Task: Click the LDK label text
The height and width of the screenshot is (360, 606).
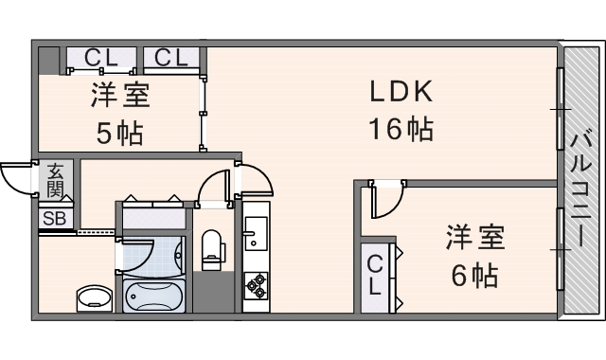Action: point(401,92)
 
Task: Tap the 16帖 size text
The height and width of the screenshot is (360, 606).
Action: point(401,129)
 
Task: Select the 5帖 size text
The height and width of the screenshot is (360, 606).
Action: point(119,134)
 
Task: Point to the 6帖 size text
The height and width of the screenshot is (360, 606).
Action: point(473,277)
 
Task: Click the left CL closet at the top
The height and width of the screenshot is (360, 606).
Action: point(101,59)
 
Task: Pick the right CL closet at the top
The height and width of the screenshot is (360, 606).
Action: point(172,59)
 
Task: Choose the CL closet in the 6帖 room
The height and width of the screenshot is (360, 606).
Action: point(376,274)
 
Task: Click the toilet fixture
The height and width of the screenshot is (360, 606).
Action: point(211,247)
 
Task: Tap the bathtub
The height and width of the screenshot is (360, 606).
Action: point(153,296)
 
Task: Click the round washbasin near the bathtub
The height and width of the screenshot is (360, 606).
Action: point(92,297)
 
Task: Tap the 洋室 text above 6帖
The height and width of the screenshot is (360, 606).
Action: point(474,238)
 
